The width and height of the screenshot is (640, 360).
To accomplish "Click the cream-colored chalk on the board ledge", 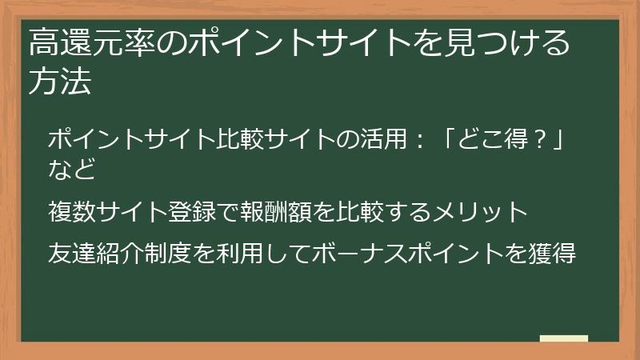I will (563, 339).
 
